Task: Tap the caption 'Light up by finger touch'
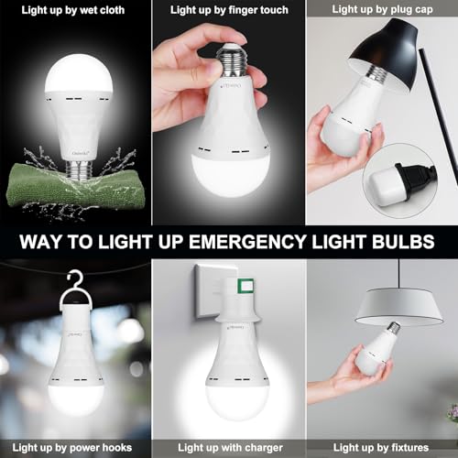coord(229,9)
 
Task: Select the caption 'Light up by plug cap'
coord(382,9)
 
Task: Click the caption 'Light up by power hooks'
coord(75,448)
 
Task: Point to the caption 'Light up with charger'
coord(229,448)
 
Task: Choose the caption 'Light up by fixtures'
coord(382,448)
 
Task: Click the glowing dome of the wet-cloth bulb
coord(77,69)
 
